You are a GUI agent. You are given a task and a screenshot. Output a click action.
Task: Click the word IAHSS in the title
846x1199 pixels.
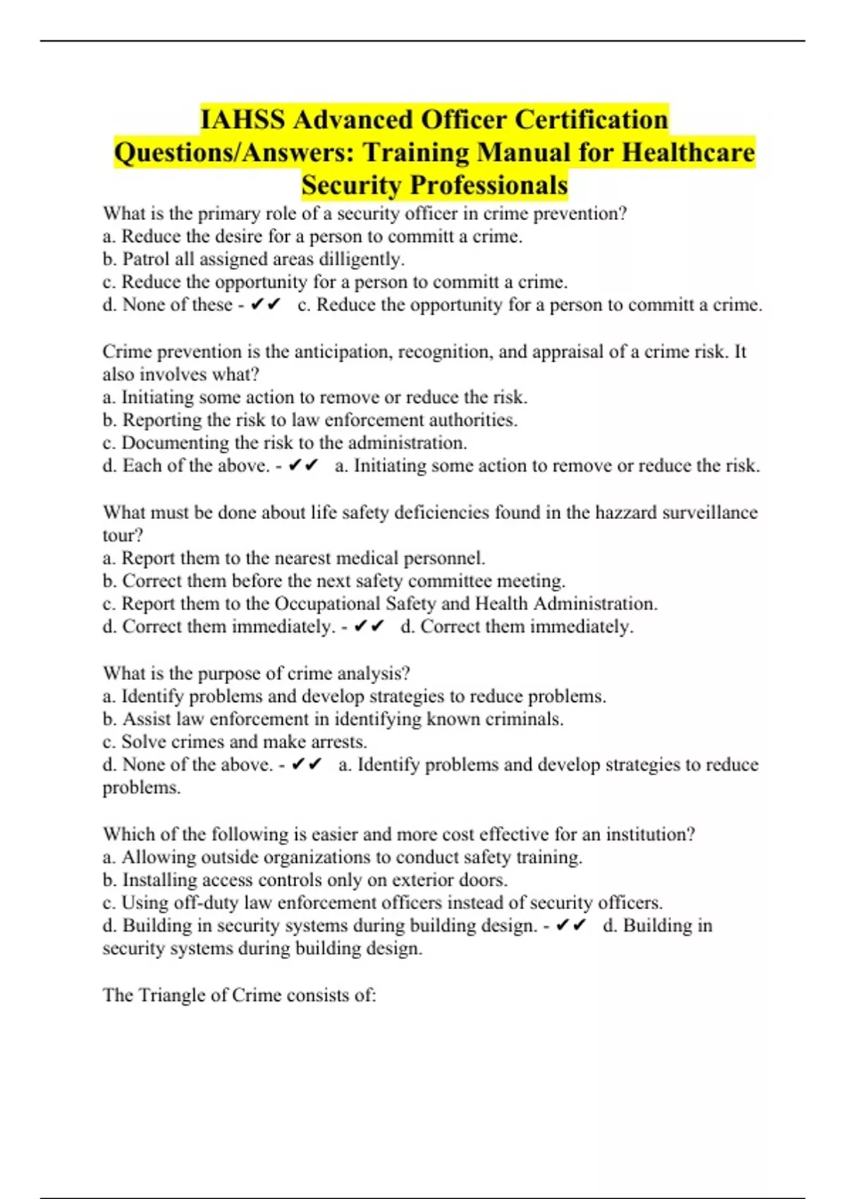coord(243,119)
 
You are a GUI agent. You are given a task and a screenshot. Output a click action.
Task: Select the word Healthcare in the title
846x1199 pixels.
coord(688,152)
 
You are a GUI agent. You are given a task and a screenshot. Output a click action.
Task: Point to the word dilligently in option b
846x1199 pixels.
coord(361,259)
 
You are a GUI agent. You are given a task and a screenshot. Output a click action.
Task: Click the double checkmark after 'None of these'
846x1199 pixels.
coord(266,305)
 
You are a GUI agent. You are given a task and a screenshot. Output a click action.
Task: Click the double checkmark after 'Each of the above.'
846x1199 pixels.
coord(304,465)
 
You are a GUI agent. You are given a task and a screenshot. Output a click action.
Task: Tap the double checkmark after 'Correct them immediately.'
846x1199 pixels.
coord(369,626)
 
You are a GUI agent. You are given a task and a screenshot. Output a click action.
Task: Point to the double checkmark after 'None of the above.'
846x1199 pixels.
coord(307,765)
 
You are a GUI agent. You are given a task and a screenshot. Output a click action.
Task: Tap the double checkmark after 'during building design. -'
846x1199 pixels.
coord(571,925)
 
